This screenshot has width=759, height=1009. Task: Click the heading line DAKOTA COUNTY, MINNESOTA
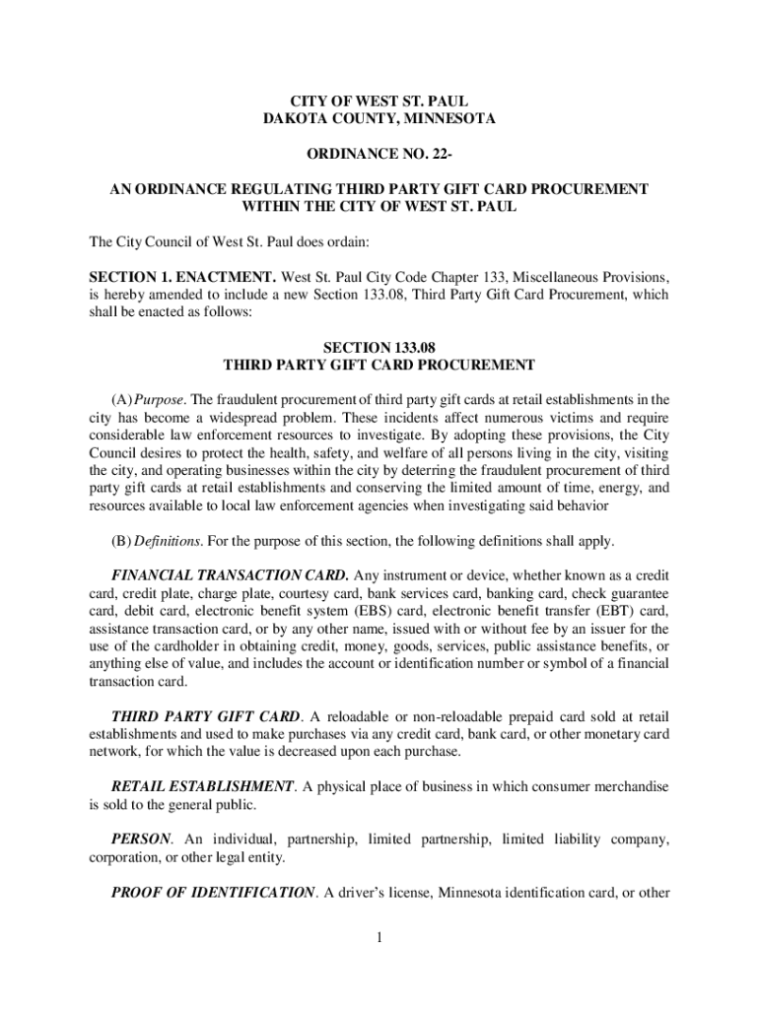click(x=379, y=120)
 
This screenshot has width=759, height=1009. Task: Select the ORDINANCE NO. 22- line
click(x=379, y=155)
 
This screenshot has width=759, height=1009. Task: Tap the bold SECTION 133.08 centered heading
click(x=379, y=347)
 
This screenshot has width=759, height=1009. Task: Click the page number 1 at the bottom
click(x=379, y=936)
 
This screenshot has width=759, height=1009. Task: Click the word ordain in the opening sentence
click(x=341, y=241)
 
